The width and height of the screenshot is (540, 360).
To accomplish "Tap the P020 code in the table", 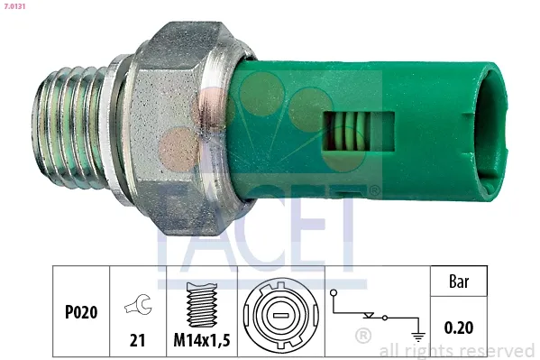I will (81, 311).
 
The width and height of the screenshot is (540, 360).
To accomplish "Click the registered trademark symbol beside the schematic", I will (363, 337).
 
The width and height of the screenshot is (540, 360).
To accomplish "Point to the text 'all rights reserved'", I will (457, 350).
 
